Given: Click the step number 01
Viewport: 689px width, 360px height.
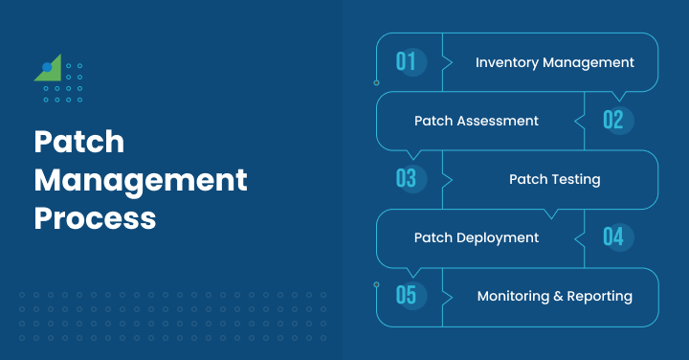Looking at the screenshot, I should pyautogui.click(x=407, y=62).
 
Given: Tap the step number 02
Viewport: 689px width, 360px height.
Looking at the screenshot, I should pyautogui.click(x=613, y=121).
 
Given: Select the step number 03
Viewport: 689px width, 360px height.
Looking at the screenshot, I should pyautogui.click(x=407, y=179).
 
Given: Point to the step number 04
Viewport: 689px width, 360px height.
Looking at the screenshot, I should pyautogui.click(x=613, y=236).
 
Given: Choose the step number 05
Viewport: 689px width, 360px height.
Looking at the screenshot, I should pyautogui.click(x=407, y=295).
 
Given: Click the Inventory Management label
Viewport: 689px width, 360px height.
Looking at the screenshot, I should pyautogui.click(x=554, y=62).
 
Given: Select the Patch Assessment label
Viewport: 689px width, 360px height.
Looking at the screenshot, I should pyautogui.click(x=476, y=121).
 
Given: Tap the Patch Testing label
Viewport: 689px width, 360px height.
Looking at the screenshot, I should pyautogui.click(x=554, y=179).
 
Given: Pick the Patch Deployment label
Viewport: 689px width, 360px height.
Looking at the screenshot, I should pyautogui.click(x=476, y=236).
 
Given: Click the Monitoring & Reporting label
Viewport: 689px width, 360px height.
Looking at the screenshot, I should pyautogui.click(x=554, y=296).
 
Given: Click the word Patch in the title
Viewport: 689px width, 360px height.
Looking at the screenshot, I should pyautogui.click(x=79, y=143).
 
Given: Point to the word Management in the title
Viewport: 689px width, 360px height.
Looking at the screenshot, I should pyautogui.click(x=141, y=180).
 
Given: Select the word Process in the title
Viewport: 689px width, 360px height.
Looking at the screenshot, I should pyautogui.click(x=95, y=217).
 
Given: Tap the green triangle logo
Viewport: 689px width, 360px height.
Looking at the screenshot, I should pyautogui.click(x=50, y=69).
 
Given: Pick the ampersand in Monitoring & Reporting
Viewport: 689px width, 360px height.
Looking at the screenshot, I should pyautogui.click(x=559, y=296).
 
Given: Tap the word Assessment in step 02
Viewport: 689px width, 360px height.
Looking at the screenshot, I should pyautogui.click(x=498, y=121).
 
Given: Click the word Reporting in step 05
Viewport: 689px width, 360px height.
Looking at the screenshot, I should pyautogui.click(x=600, y=297).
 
